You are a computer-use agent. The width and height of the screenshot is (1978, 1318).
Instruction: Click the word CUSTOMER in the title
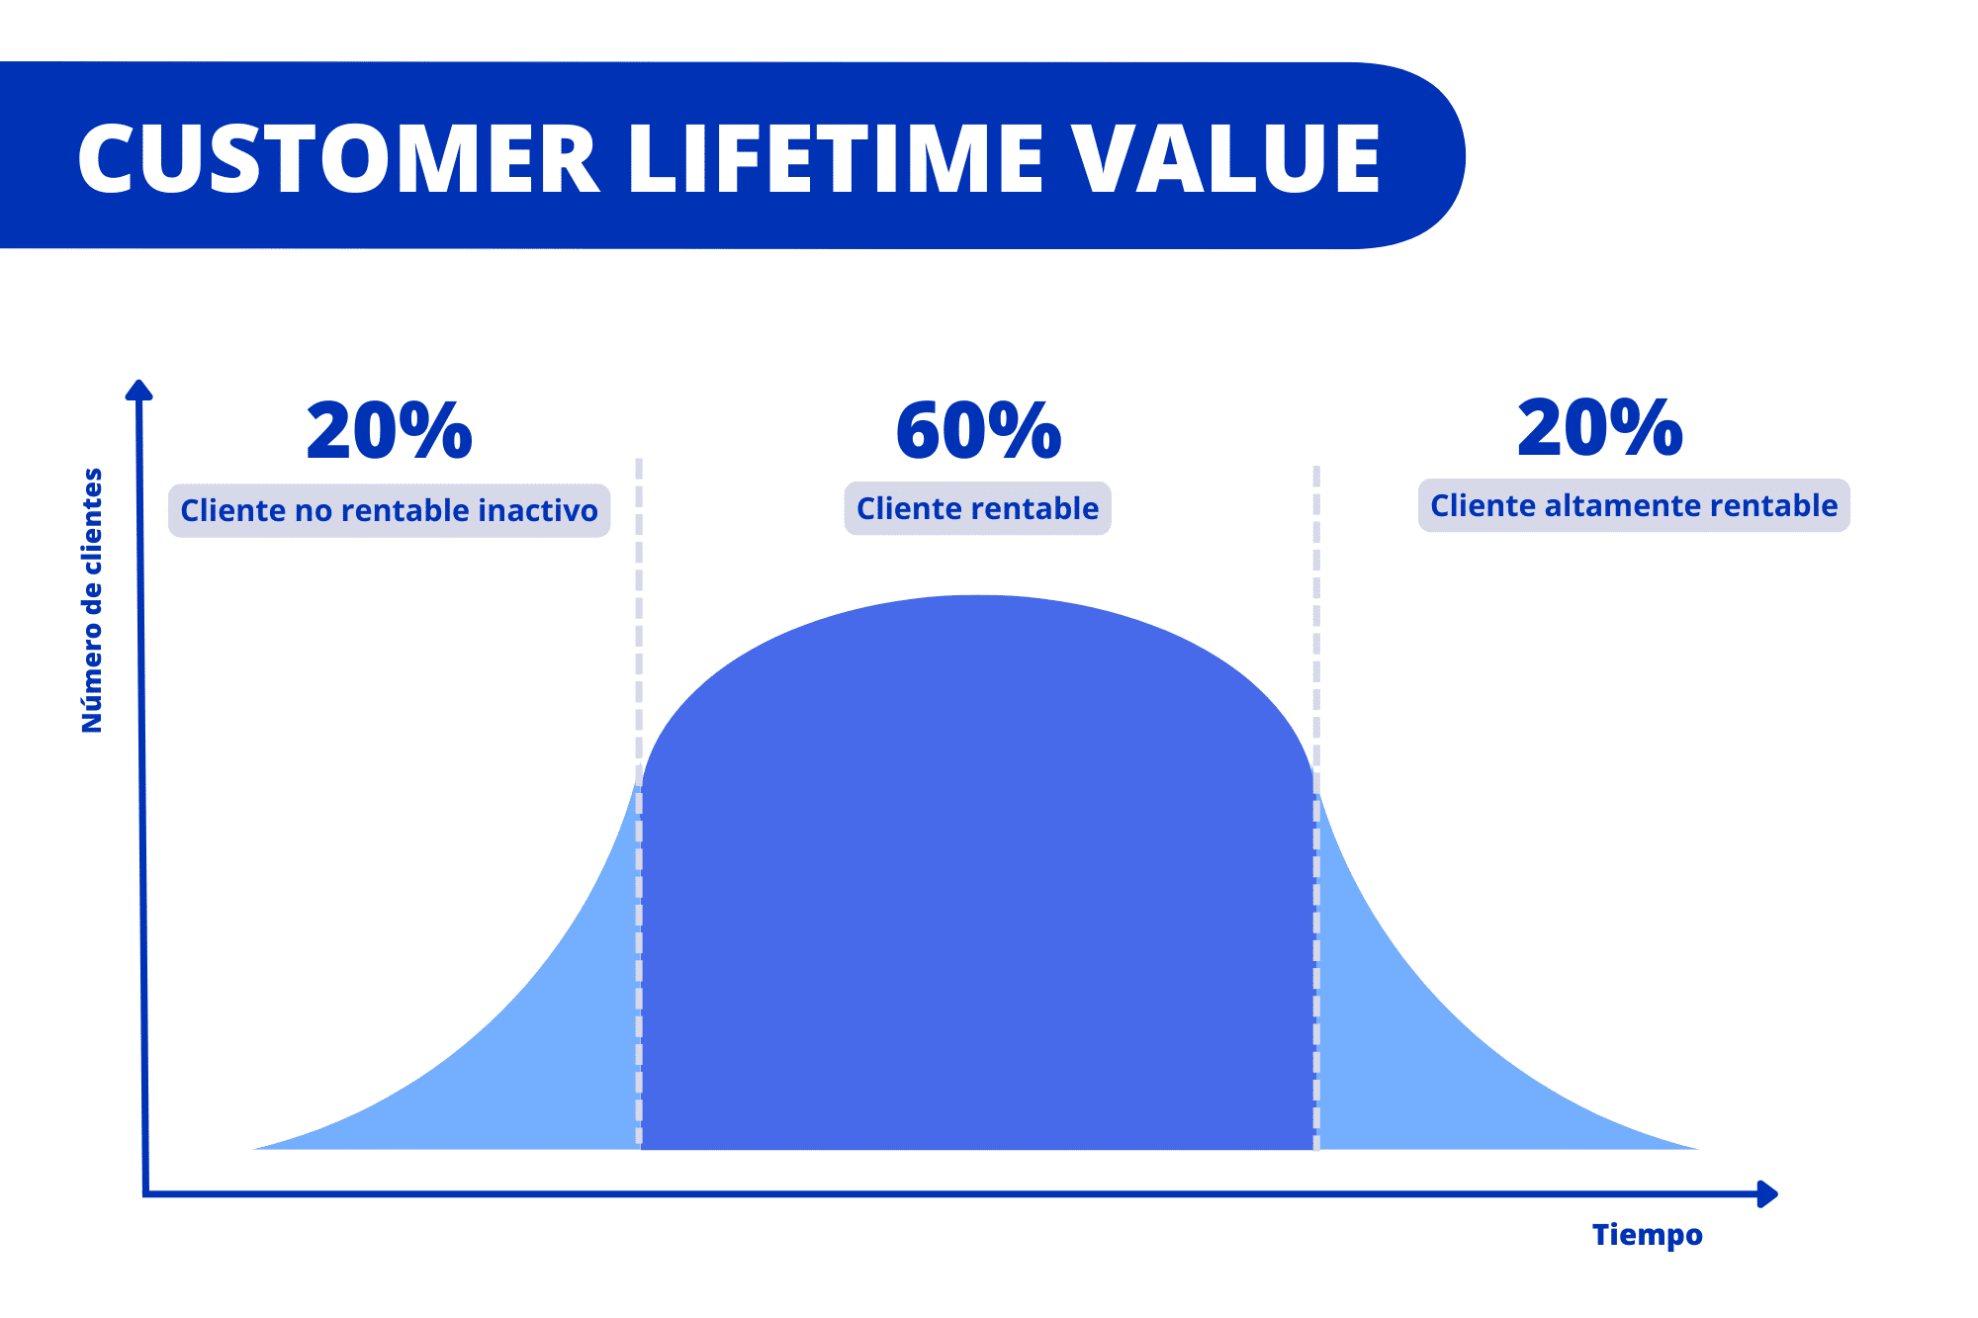338,158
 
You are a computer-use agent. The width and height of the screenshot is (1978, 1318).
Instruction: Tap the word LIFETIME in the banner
837,158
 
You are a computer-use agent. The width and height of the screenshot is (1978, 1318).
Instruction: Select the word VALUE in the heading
1226,158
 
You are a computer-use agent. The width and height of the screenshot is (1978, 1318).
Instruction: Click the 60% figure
978,431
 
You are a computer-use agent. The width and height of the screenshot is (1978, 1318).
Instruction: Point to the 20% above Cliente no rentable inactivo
389,431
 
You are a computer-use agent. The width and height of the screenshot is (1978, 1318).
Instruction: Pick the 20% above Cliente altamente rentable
1599,428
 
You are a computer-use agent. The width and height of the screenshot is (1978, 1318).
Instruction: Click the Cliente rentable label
977,508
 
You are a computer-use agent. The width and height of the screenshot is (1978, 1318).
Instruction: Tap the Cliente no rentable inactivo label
389,510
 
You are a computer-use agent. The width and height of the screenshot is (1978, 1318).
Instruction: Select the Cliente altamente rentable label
1634,505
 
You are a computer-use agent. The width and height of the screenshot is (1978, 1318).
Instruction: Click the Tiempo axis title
1647,1234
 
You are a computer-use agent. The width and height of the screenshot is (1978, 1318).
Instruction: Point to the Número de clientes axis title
92,600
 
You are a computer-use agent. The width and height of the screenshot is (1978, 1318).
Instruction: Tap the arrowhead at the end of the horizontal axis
1767,1194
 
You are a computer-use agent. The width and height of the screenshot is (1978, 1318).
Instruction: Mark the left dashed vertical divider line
639,643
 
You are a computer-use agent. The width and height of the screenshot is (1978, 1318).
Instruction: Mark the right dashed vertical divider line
1316,643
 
